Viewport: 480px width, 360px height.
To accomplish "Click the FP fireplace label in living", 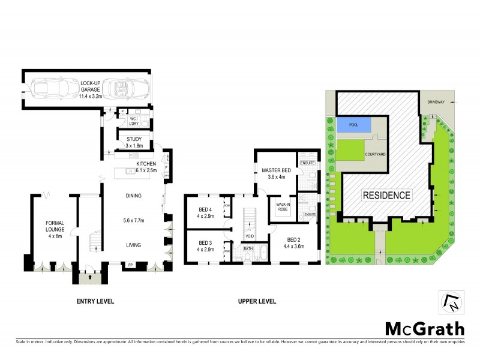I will [x=130, y=264].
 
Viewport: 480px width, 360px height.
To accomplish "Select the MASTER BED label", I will [x=276, y=171].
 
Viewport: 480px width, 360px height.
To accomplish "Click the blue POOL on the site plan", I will [x=352, y=125].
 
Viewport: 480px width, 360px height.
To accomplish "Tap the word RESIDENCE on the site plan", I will [x=386, y=195].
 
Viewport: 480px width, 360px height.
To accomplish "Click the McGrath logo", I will [x=424, y=328].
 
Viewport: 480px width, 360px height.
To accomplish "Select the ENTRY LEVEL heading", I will [x=95, y=301].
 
